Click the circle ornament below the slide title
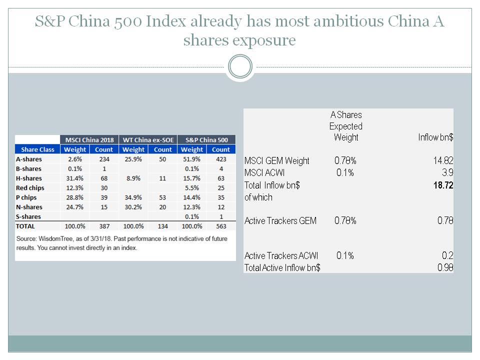[239, 66]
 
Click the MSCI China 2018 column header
[89, 139]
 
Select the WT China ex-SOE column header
[148, 139]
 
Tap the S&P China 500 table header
[206, 139]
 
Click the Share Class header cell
[37, 149]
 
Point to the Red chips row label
[30, 188]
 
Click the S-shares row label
[29, 216]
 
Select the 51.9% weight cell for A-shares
[192, 159]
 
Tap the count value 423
[220, 159]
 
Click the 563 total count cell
[220, 226]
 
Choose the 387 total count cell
[104, 226]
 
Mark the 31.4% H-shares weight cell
[74, 178]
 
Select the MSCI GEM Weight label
[276, 160]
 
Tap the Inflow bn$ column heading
[435, 137]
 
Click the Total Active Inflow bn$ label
[282, 267]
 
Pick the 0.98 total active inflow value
[444, 267]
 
